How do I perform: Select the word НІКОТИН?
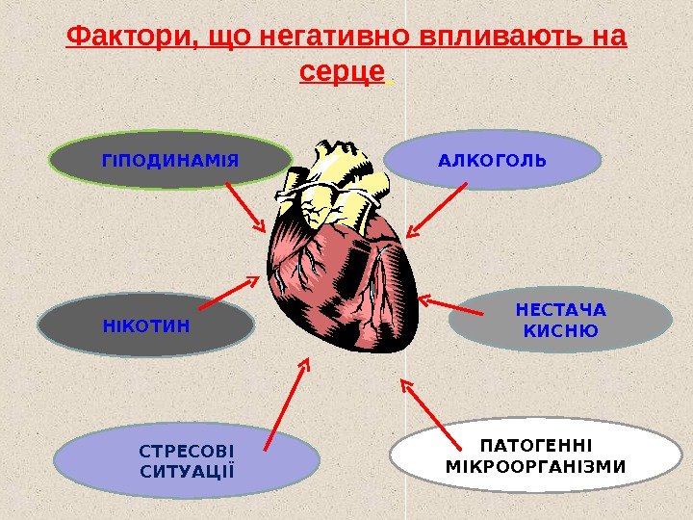(146, 325)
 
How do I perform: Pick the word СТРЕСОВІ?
(187, 450)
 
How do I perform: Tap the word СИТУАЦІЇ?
(187, 471)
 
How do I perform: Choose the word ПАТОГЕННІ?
(536, 445)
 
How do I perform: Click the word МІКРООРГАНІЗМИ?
(536, 467)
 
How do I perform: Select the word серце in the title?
(343, 71)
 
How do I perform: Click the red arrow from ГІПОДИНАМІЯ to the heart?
(245, 206)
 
